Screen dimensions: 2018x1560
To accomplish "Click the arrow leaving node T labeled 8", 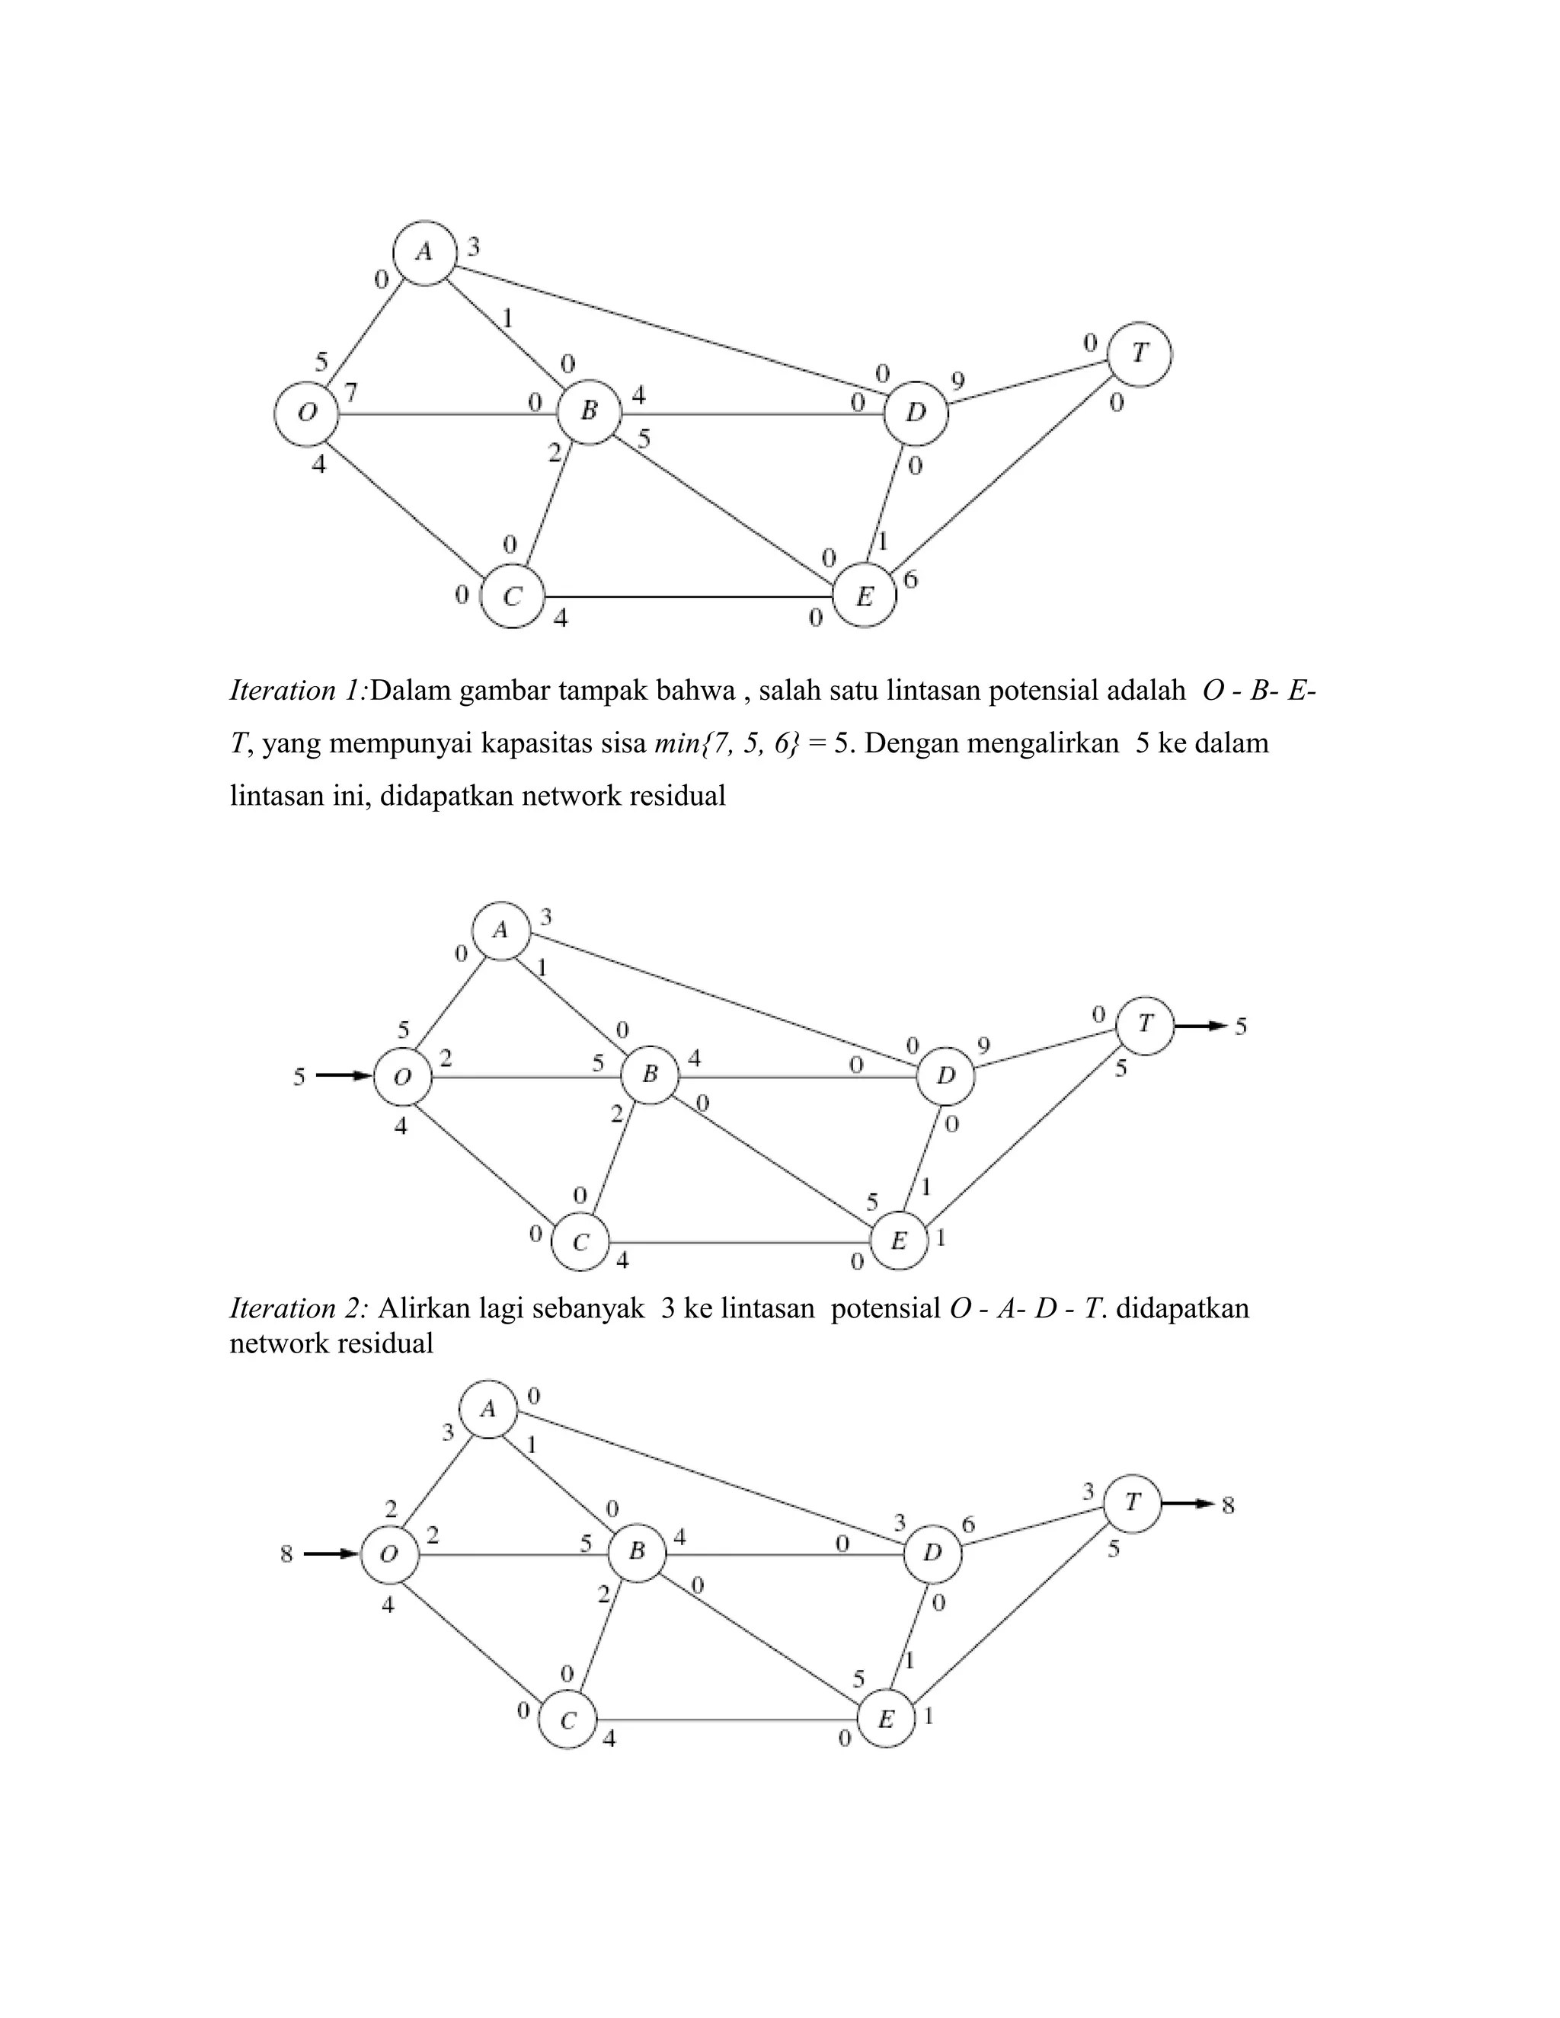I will coord(1187,1503).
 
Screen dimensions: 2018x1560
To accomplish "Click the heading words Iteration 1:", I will coord(299,690).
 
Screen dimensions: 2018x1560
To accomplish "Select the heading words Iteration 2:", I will coord(299,1308).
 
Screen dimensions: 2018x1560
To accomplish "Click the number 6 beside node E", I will coord(910,580).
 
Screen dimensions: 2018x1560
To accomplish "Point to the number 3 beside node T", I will coord(1088,1490).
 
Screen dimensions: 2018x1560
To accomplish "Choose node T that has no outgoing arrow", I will coord(1140,353).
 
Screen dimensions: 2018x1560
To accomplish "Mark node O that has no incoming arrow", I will coord(307,413).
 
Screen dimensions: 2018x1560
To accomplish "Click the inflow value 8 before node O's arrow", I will coord(286,1555).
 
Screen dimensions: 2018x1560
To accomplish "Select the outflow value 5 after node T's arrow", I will coord(1241,1026).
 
